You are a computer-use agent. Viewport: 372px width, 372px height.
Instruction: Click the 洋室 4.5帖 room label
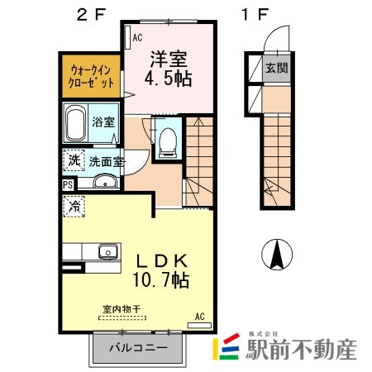pos(168,69)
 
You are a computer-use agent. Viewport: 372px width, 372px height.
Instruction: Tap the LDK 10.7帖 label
pos(161,270)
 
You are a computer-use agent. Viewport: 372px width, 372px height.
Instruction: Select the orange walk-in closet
pos(91,76)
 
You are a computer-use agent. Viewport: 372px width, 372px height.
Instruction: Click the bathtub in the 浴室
pos(75,122)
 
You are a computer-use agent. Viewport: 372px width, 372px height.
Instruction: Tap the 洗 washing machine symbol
pos(74,160)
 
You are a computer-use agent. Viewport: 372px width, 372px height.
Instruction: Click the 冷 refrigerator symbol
pos(74,206)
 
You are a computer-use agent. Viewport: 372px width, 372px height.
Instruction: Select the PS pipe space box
pos(68,184)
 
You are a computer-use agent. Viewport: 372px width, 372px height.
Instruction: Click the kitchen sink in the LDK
pos(107,251)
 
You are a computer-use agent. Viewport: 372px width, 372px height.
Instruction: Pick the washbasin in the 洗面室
pos(106,182)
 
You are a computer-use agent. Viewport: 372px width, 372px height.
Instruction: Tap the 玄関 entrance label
pos(277,68)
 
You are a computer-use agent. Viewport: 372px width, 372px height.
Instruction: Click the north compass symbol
pos(277,254)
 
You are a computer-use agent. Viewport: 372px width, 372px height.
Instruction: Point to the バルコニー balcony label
pos(138,347)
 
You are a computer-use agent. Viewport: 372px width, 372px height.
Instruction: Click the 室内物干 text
pos(122,309)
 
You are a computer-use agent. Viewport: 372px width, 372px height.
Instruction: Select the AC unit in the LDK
pos(199,325)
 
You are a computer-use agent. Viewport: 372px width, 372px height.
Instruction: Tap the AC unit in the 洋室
pos(127,37)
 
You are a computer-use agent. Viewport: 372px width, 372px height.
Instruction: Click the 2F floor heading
pos(91,14)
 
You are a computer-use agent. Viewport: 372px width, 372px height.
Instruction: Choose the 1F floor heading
pos(255,14)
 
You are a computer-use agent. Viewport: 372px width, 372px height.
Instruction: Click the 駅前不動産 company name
pos(301,349)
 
